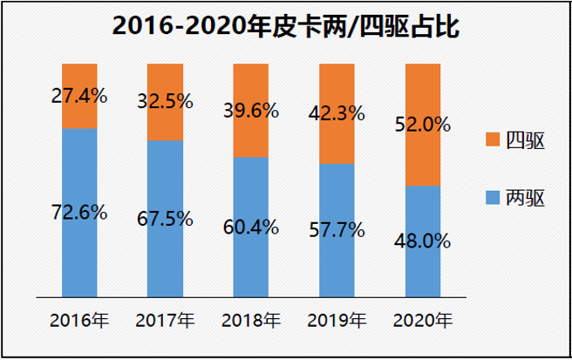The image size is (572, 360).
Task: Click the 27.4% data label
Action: coord(79,96)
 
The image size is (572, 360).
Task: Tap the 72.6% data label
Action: coord(79,212)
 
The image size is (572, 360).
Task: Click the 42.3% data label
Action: coord(337,112)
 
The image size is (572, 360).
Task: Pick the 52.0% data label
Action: coord(423,125)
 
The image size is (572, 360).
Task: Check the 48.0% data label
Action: coord(423,240)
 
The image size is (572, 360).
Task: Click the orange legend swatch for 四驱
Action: coord(491,140)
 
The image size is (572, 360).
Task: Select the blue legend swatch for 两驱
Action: coord(491,199)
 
